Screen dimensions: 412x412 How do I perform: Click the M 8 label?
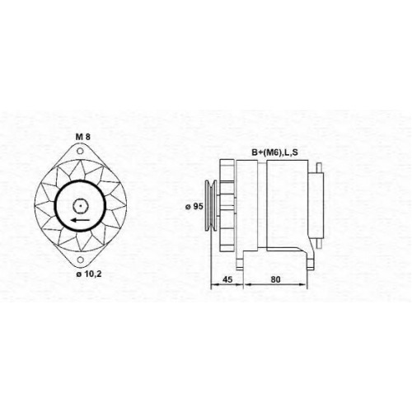82,137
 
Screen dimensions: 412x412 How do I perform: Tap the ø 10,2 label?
89,274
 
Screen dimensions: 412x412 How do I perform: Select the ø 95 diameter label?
194,206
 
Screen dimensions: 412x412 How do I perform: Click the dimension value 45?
227,279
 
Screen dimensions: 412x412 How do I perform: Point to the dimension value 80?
275,279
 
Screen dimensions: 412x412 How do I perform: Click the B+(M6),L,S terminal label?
274,152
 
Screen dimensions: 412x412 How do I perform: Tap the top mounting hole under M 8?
80,151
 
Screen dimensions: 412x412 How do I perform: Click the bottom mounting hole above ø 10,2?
80,260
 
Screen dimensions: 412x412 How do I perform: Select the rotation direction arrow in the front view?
80,220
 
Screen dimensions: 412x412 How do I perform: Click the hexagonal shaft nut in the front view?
80,205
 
